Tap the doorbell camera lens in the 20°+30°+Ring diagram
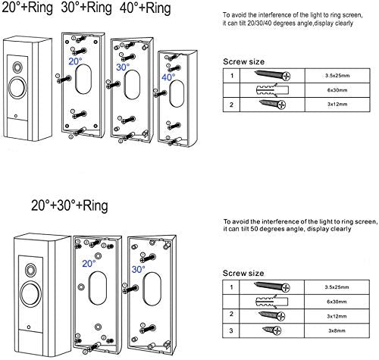(x=31, y=270)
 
